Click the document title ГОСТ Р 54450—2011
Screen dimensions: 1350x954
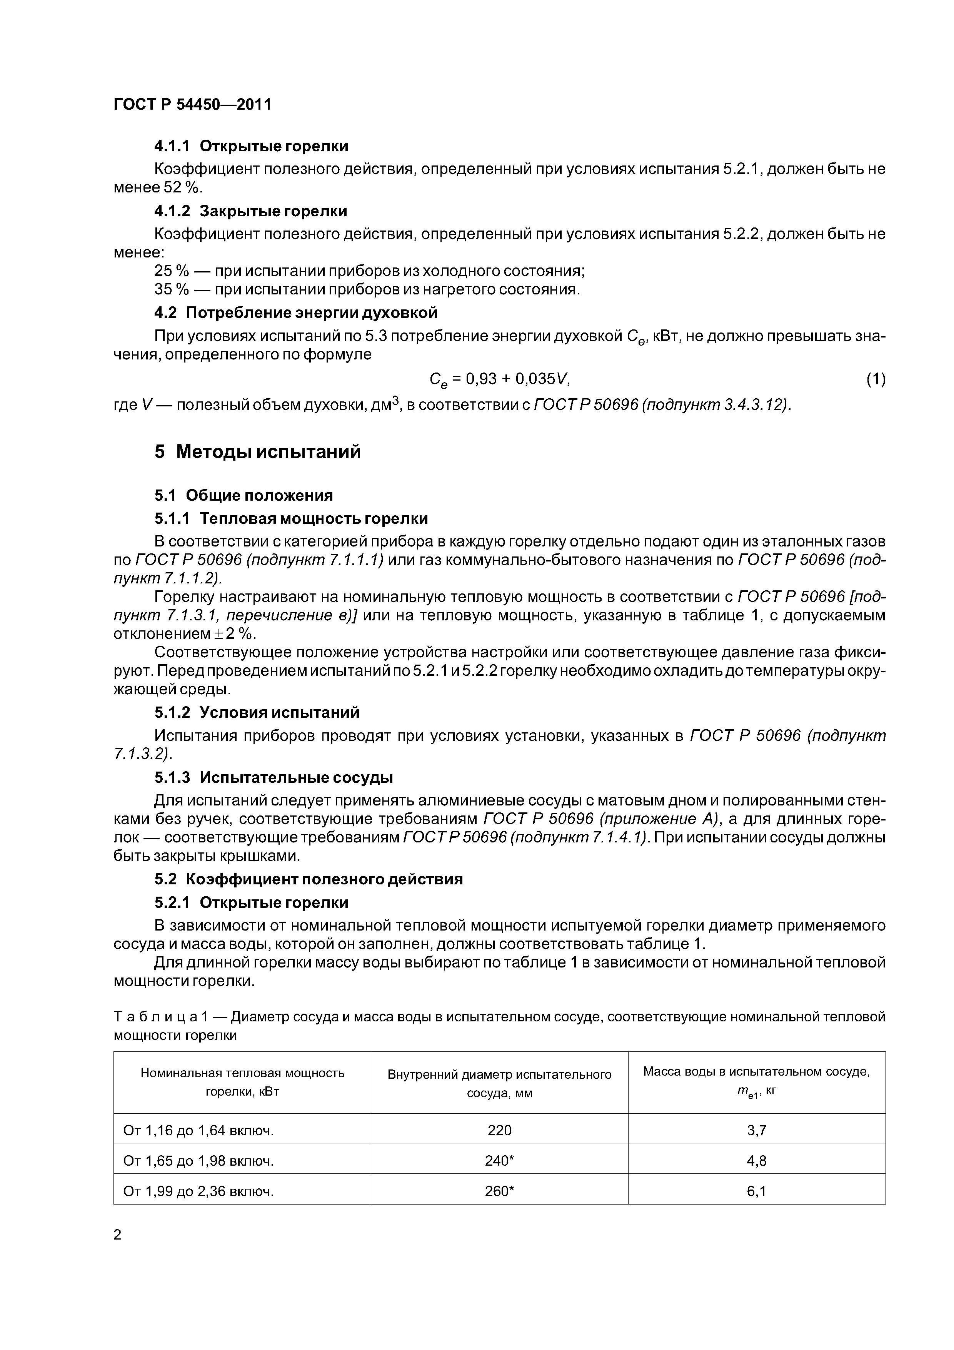192,105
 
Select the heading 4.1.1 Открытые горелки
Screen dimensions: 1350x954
251,146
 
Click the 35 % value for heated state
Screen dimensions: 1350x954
172,289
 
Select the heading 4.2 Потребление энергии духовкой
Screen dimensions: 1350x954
296,312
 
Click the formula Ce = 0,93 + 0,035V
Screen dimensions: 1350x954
500,379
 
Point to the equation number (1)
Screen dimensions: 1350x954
875,379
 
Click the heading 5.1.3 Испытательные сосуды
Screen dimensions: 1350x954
274,777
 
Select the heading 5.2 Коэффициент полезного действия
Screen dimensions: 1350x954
309,879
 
